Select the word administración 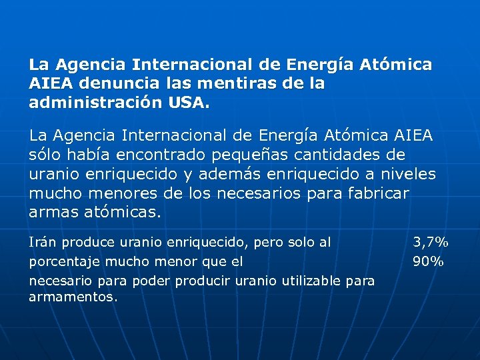pos(93,103)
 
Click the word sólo pos(45,155)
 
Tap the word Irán pos(43,242)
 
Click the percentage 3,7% pos(430,242)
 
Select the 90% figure pos(428,261)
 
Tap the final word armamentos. pos(73,297)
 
